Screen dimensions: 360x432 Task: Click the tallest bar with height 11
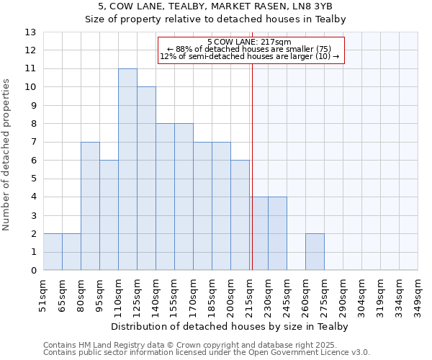click(127, 169)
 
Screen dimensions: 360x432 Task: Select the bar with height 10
click(146, 179)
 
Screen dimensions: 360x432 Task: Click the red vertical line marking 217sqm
click(253, 166)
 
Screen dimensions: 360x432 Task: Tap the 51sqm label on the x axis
click(43, 292)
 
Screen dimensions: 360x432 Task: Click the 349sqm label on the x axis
click(418, 292)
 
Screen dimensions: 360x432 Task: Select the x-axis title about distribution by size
click(230, 327)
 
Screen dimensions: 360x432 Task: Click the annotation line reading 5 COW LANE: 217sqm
click(249, 42)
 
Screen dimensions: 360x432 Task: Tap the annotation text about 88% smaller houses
click(249, 49)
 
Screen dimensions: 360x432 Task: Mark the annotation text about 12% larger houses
click(249, 56)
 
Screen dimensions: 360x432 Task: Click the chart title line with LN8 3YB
click(216, 6)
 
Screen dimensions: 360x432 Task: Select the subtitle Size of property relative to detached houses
click(216, 19)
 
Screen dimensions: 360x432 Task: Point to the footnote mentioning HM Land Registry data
click(207, 345)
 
